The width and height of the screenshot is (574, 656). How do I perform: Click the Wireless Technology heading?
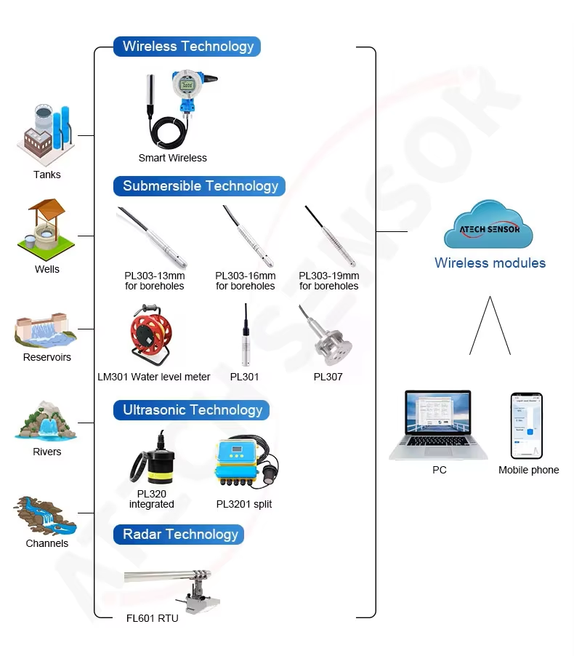pos(187,47)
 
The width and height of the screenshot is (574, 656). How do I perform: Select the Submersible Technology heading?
pos(200,186)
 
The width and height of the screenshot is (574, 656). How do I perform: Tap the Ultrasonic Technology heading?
pos(192,410)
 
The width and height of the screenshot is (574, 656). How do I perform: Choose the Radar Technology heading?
pos(179,535)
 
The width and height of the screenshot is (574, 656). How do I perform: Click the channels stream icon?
pos(47,515)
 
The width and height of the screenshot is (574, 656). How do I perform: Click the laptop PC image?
pos(439,425)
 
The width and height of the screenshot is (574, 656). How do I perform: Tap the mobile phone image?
pos(527,425)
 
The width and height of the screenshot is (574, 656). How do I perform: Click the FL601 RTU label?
pos(152,618)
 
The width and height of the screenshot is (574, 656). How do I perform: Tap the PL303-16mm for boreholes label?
pos(246,281)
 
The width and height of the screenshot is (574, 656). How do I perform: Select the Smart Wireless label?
pos(173,158)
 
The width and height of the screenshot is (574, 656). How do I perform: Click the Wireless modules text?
pos(490,263)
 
